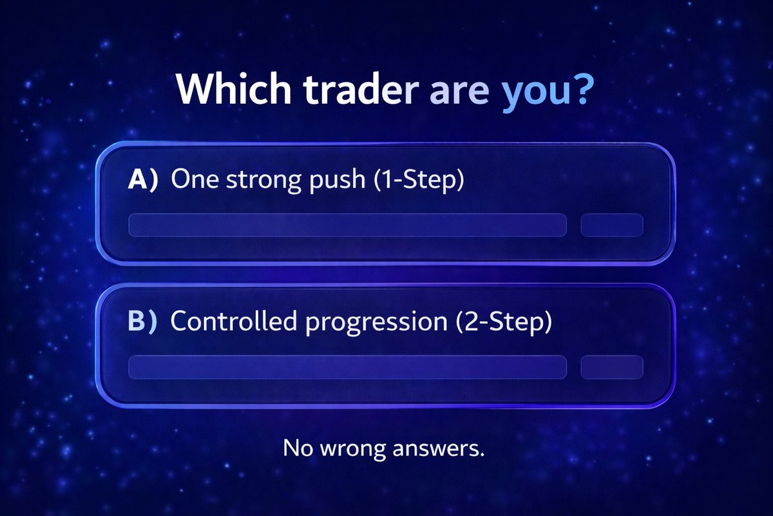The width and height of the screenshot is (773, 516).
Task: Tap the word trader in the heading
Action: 358,92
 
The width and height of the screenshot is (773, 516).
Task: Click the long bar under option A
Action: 347,225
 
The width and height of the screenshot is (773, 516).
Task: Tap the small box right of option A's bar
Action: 612,225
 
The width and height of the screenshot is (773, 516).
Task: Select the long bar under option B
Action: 347,366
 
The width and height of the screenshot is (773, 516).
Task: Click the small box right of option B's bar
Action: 612,366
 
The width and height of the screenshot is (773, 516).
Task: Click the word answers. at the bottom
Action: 439,448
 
